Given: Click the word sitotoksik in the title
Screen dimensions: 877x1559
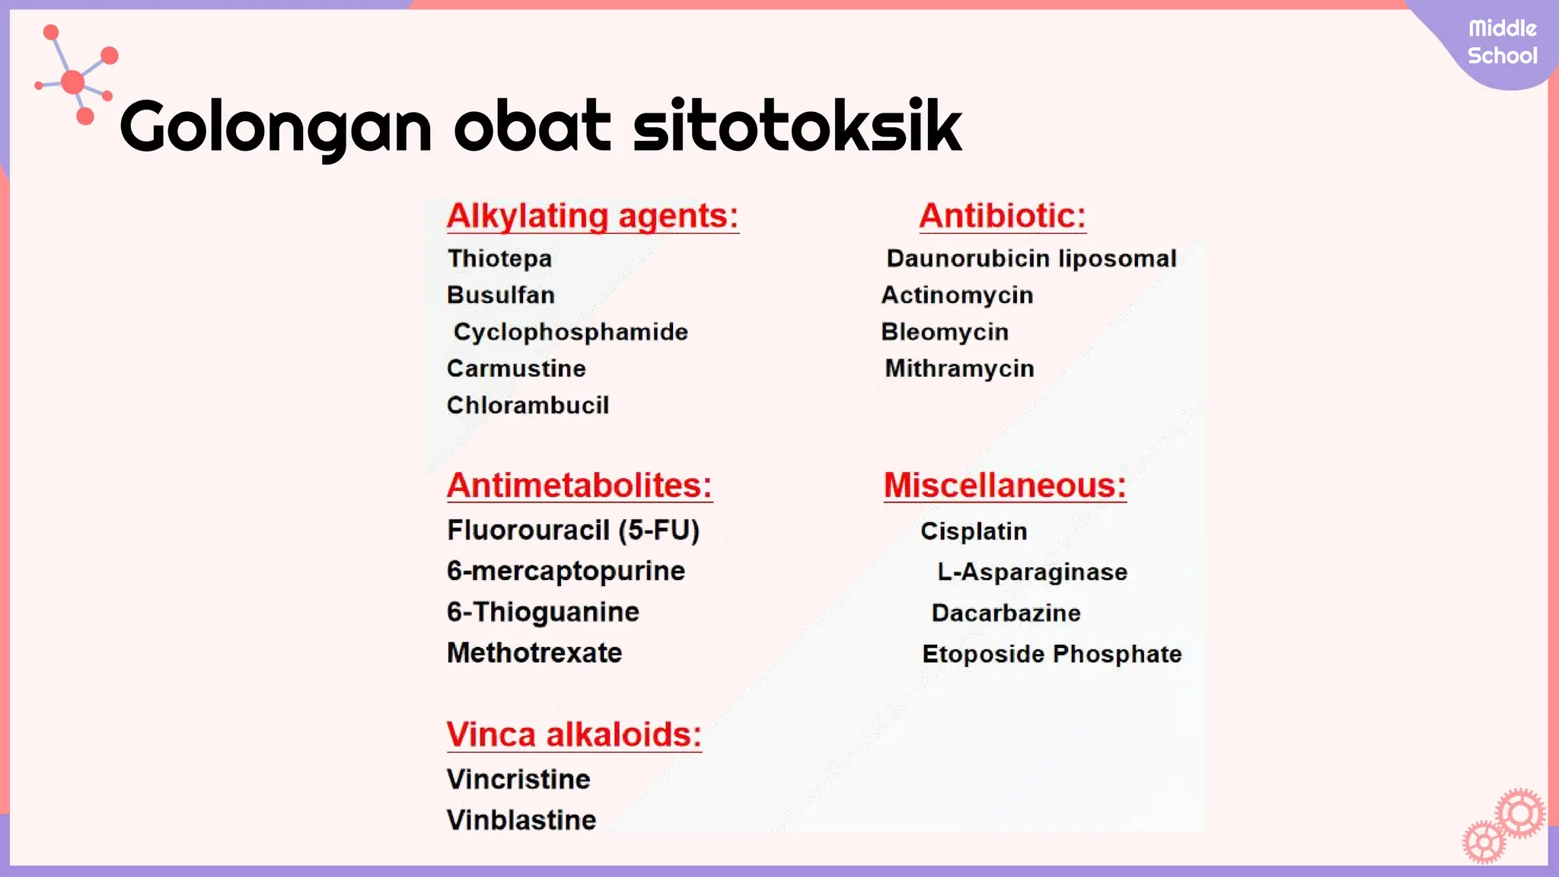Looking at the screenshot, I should click(797, 126).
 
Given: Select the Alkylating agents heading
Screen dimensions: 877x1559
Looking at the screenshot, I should click(592, 216).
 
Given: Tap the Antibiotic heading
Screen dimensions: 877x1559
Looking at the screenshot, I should click(1002, 216).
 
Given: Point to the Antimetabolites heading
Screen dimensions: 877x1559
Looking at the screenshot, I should click(579, 486).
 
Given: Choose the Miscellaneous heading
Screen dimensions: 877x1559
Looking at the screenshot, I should click(1005, 486).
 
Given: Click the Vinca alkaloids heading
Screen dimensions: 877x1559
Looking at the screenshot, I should click(574, 735).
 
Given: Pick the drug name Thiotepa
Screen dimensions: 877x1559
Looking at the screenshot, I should click(499, 259).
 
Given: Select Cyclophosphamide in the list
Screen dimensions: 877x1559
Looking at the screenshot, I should click(571, 332).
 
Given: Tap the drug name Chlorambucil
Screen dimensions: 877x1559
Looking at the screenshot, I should click(528, 405).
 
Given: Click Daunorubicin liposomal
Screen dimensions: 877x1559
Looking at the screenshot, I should click(1031, 259).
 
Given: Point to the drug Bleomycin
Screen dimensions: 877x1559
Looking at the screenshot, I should click(945, 332).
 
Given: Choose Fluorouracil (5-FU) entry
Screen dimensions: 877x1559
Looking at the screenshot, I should click(573, 531).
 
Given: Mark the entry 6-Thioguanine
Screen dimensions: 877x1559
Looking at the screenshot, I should click(543, 612).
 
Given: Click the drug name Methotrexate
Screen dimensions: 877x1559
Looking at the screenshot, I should click(534, 653).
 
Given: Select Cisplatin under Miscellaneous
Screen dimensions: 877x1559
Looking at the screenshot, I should click(974, 531).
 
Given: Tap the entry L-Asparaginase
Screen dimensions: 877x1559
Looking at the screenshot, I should click(1032, 572).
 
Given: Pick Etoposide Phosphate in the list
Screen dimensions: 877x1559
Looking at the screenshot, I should click(1052, 654).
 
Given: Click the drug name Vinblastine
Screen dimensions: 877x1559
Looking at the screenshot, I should click(521, 821).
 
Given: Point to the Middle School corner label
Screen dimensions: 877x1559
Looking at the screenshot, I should click(1502, 43).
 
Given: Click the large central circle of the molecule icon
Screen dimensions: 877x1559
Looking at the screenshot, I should click(73, 81).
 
